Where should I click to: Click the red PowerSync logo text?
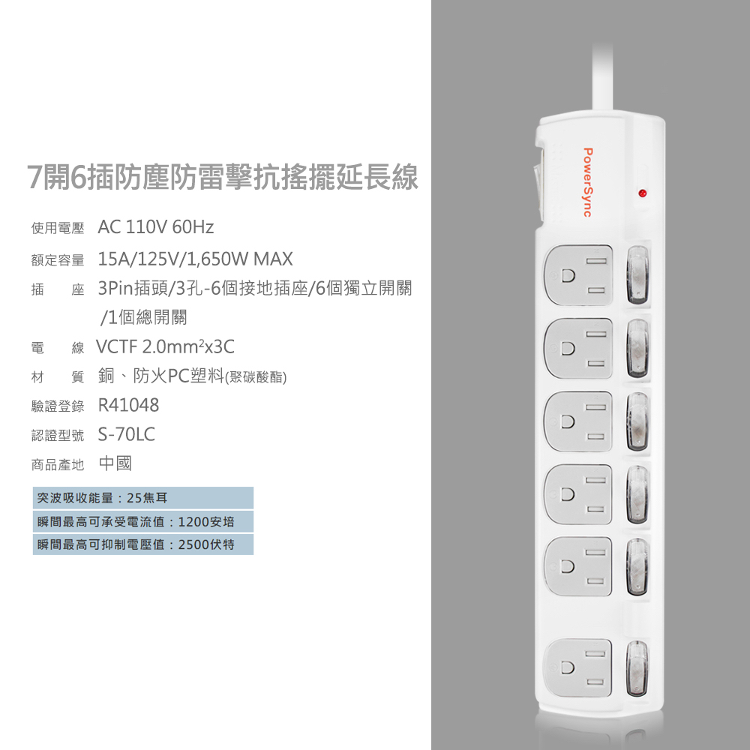pyautogui.click(x=588, y=182)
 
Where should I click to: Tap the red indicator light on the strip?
pyautogui.click(x=643, y=193)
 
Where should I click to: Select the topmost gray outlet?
pyautogui.click(x=578, y=275)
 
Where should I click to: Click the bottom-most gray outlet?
pyautogui.click(x=578, y=667)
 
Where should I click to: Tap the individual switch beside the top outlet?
pyautogui.click(x=638, y=275)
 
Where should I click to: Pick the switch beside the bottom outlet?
pyautogui.click(x=637, y=667)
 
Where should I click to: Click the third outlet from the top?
pyautogui.click(x=578, y=421)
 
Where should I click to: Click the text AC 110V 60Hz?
pyautogui.click(x=156, y=227)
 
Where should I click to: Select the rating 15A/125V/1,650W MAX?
pyautogui.click(x=195, y=259)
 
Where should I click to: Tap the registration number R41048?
pyautogui.click(x=128, y=405)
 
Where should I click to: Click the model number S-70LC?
pyautogui.click(x=126, y=434)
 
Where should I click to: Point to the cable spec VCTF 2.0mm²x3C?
pyautogui.click(x=166, y=346)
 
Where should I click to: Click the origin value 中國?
pyautogui.click(x=115, y=463)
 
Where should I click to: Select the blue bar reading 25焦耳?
pyautogui.click(x=143, y=498)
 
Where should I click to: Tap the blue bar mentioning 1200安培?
pyautogui.click(x=143, y=521)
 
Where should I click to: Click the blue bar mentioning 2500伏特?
pyautogui.click(x=143, y=544)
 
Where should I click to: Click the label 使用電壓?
pyautogui.click(x=58, y=228)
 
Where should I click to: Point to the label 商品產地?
pyautogui.click(x=58, y=464)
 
